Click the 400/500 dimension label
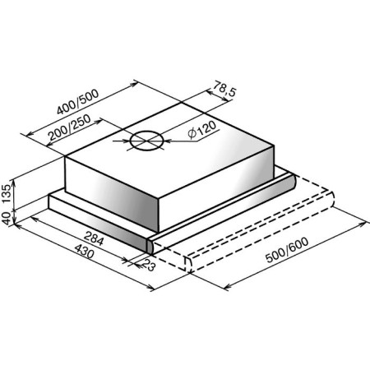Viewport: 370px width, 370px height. (x=77, y=102)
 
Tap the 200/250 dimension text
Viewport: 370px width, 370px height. (x=69, y=127)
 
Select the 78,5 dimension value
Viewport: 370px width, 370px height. (x=224, y=88)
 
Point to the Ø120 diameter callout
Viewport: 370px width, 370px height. (x=202, y=130)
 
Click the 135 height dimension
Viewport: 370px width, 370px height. (x=7, y=193)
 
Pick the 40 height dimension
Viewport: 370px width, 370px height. (x=7, y=218)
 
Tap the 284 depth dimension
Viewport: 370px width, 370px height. (x=94, y=238)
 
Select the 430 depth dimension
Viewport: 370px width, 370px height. (x=85, y=252)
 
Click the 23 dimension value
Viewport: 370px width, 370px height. (x=149, y=265)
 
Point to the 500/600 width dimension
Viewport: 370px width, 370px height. (x=287, y=250)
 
